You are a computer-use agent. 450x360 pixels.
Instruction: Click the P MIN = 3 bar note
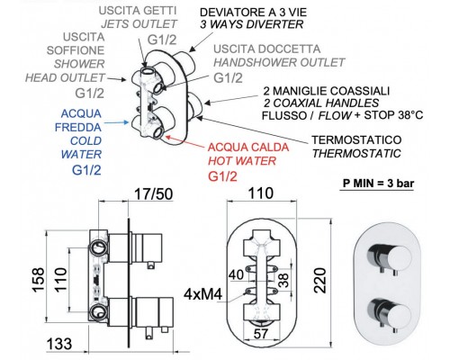click(378, 183)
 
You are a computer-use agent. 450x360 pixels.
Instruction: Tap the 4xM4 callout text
click(202, 294)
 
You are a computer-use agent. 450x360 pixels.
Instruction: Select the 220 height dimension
click(319, 281)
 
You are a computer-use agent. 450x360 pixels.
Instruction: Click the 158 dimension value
click(39, 280)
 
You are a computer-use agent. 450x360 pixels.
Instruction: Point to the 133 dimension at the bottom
click(59, 344)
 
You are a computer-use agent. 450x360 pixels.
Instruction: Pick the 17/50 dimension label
click(153, 194)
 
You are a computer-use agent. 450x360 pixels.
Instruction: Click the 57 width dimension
click(260, 334)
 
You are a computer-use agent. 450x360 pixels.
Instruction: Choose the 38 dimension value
click(283, 280)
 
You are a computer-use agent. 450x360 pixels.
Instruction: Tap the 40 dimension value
click(236, 274)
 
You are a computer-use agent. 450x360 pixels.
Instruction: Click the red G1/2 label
click(222, 176)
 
